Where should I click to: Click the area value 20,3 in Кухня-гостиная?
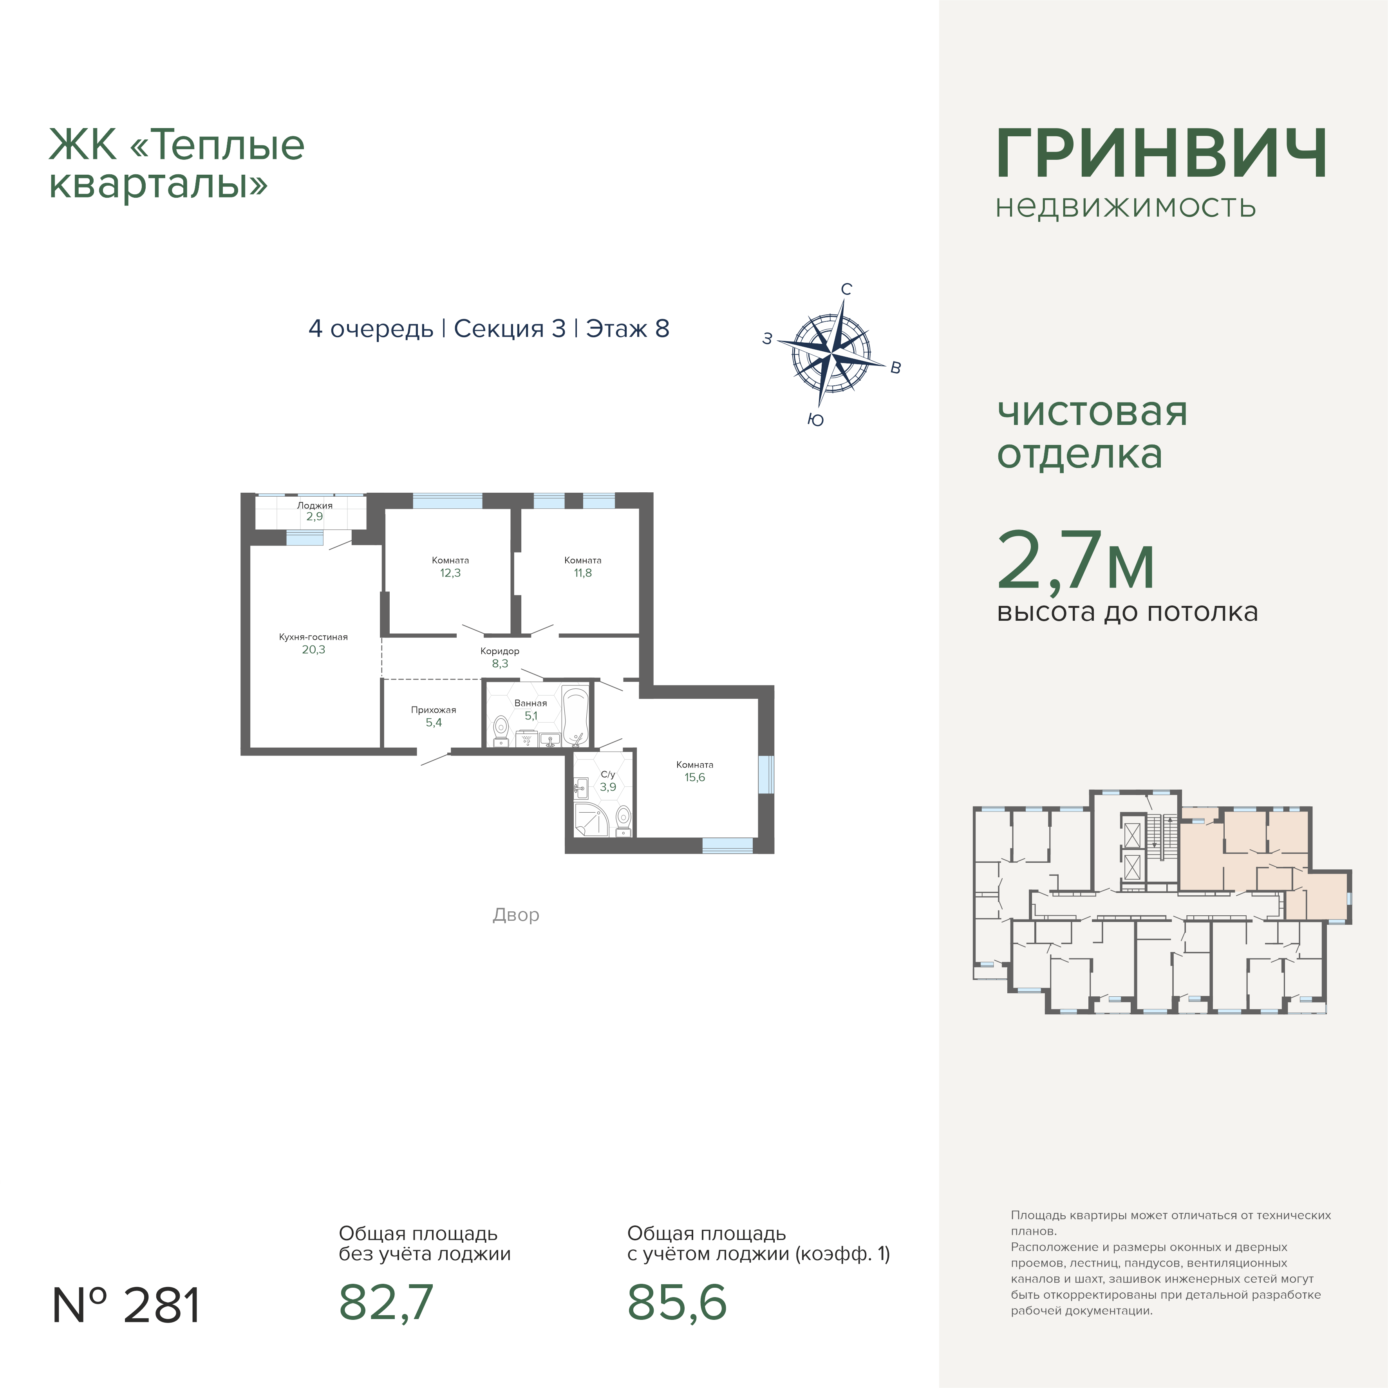point(313,649)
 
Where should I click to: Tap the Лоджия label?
point(314,505)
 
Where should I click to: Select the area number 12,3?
point(450,573)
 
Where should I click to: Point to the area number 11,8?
point(583,573)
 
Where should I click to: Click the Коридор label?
point(500,651)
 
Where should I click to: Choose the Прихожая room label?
point(433,710)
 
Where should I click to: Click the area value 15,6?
point(695,777)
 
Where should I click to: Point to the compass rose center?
point(831,354)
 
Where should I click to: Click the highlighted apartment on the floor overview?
point(1250,855)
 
